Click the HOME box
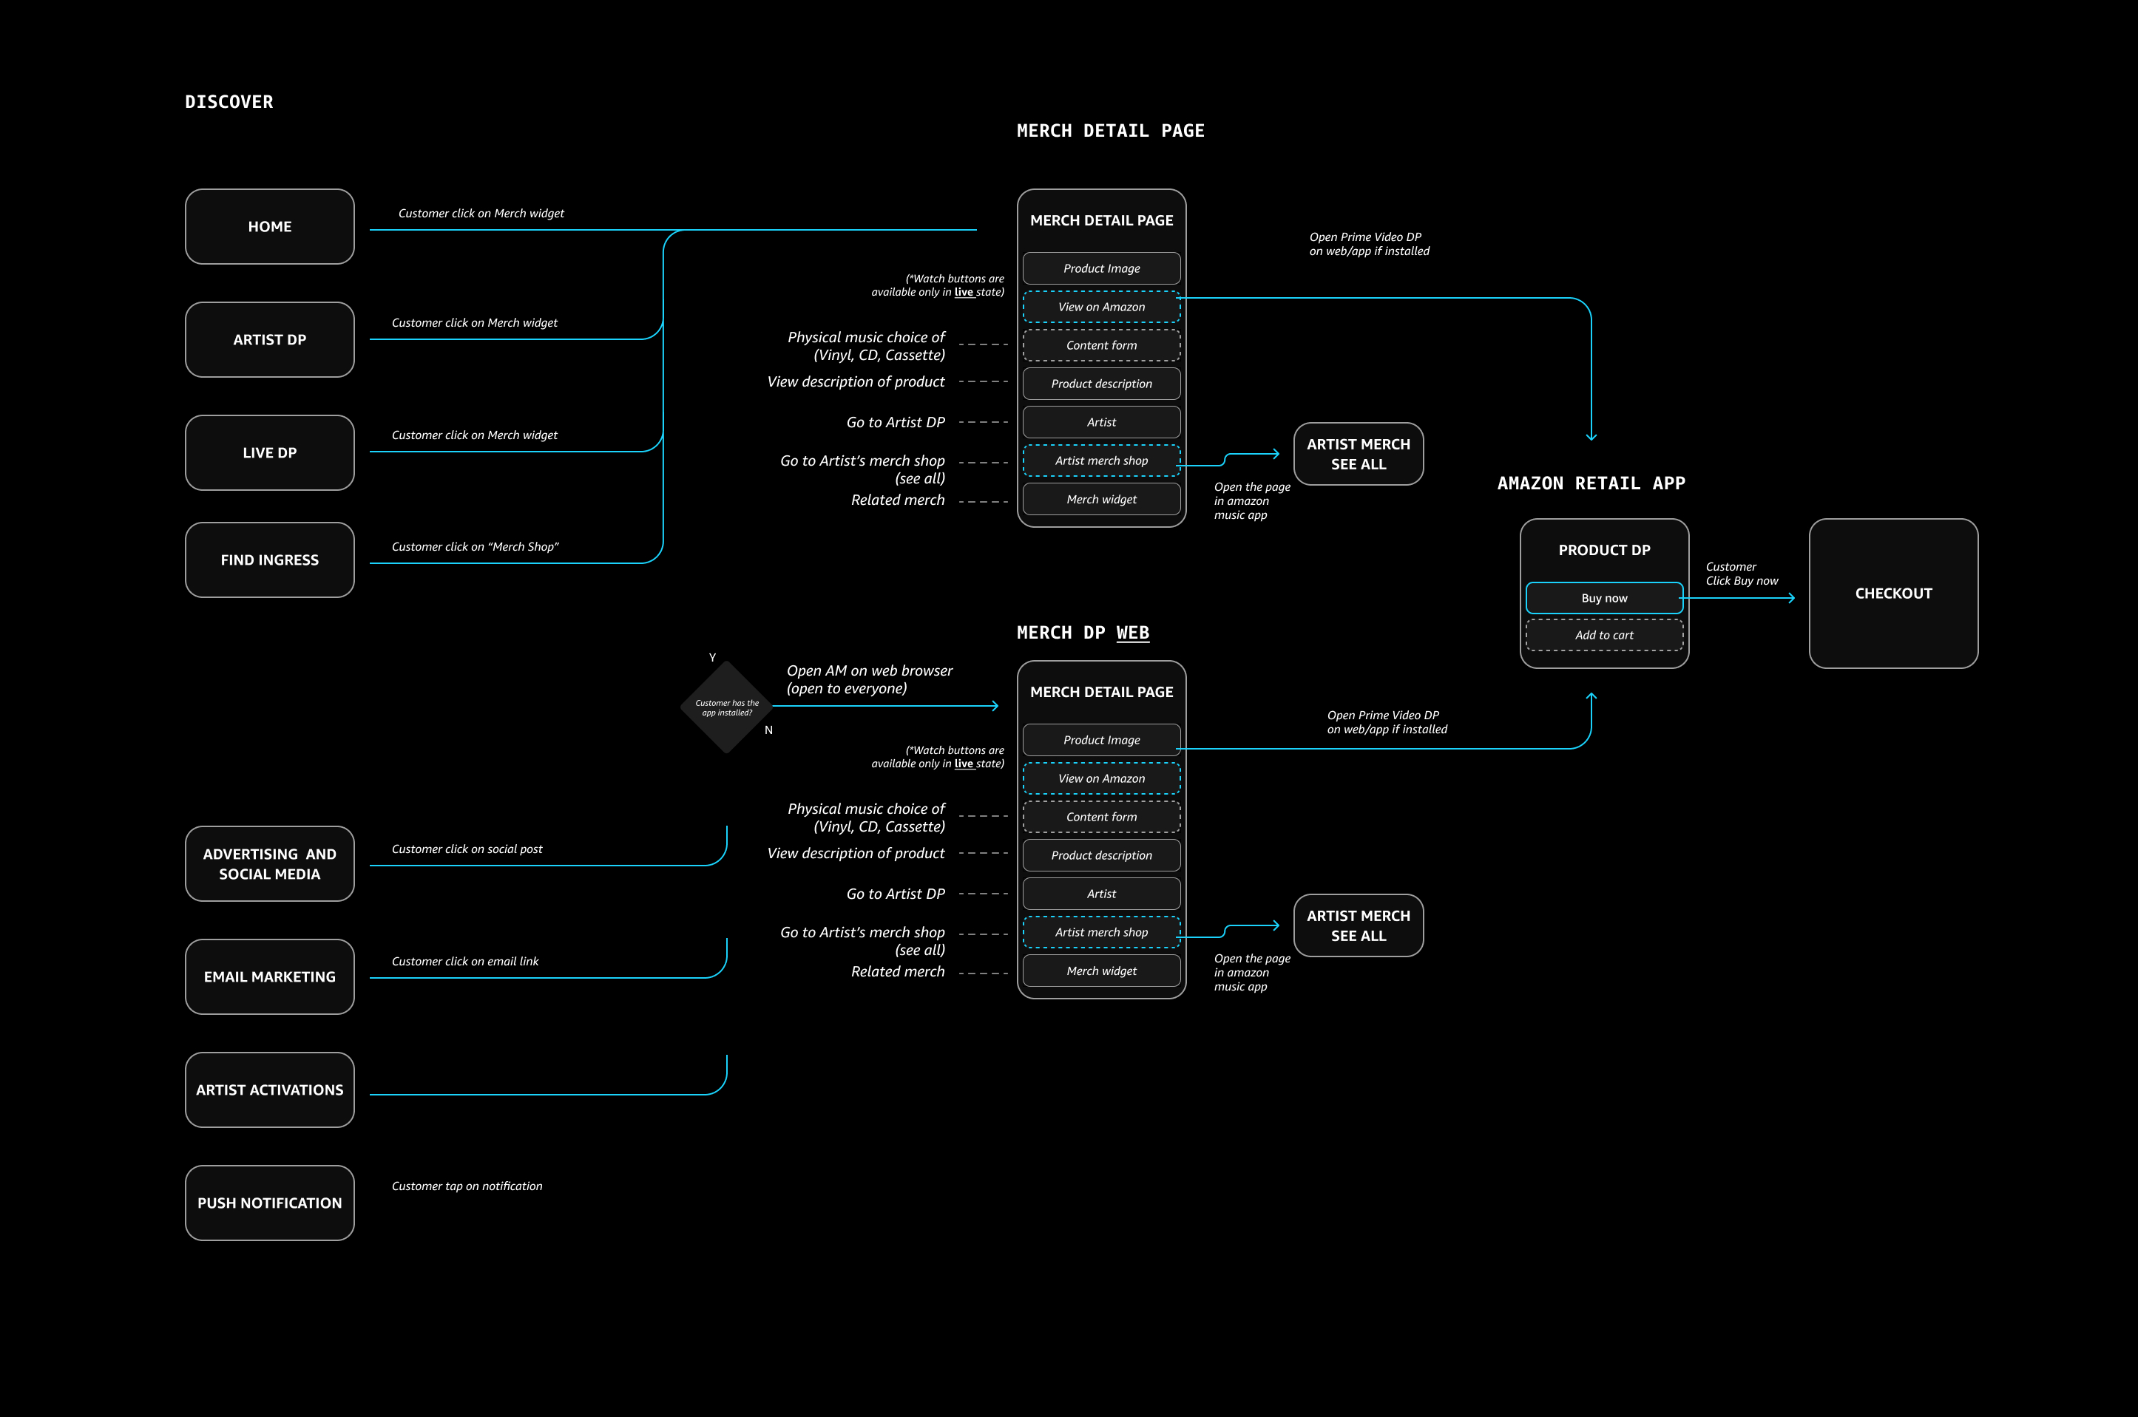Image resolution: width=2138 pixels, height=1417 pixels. [269, 227]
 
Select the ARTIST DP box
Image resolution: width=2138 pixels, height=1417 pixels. [269, 340]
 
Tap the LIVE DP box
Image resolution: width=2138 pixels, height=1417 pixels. [269, 453]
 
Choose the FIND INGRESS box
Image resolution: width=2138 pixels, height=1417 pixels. [269, 560]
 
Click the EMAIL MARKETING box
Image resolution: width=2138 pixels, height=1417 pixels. [269, 977]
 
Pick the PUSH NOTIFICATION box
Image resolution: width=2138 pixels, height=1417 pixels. [269, 1203]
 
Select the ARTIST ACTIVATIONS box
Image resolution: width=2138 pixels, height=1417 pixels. [269, 1090]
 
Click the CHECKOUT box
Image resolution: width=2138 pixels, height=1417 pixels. [1893, 594]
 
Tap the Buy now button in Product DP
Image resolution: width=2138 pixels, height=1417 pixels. [1604, 598]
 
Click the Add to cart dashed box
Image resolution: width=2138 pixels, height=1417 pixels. [1604, 635]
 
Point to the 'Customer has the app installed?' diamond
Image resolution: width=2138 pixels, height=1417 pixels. [727, 707]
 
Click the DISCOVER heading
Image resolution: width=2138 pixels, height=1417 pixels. [229, 102]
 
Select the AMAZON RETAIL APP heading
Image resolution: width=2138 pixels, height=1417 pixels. [1591, 483]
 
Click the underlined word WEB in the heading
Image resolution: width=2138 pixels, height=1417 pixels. [1133, 633]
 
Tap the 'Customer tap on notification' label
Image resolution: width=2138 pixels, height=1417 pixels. [467, 1186]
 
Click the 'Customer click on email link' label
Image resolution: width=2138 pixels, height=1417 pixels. [464, 962]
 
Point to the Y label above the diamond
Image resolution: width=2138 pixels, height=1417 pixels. [712, 658]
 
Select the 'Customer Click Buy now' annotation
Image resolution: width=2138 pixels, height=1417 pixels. [1741, 574]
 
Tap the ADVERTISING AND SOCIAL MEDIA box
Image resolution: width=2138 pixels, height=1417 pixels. [269, 864]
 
